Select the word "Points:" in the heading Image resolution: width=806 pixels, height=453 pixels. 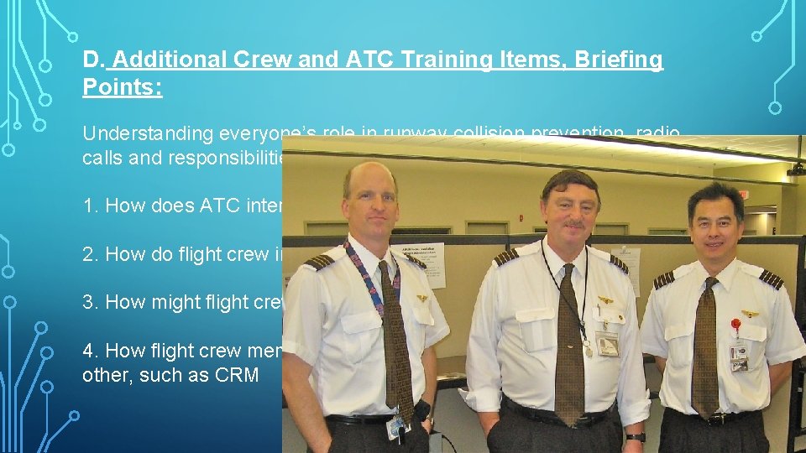(123, 87)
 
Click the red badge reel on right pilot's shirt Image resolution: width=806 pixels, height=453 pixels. (736, 325)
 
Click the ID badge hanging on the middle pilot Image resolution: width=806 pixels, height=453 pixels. (606, 343)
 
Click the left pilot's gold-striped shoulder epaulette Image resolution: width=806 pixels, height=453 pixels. (319, 262)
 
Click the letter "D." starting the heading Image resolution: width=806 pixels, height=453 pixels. (92, 60)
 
